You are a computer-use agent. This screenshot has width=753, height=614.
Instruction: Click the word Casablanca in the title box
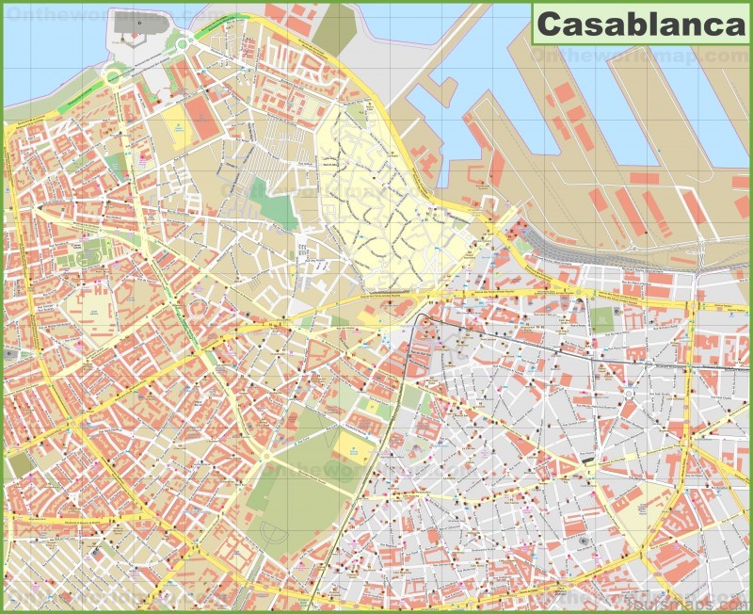tap(640, 25)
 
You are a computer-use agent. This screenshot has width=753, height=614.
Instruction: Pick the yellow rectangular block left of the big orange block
tap(176, 122)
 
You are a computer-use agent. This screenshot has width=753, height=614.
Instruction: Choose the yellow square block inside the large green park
tap(352, 448)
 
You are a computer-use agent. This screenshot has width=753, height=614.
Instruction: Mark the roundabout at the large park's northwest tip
tap(265, 458)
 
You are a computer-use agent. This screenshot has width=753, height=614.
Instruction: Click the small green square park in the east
tap(602, 318)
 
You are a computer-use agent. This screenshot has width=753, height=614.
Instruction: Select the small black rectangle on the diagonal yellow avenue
tap(590, 461)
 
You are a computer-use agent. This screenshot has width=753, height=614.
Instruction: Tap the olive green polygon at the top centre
tap(334, 28)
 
